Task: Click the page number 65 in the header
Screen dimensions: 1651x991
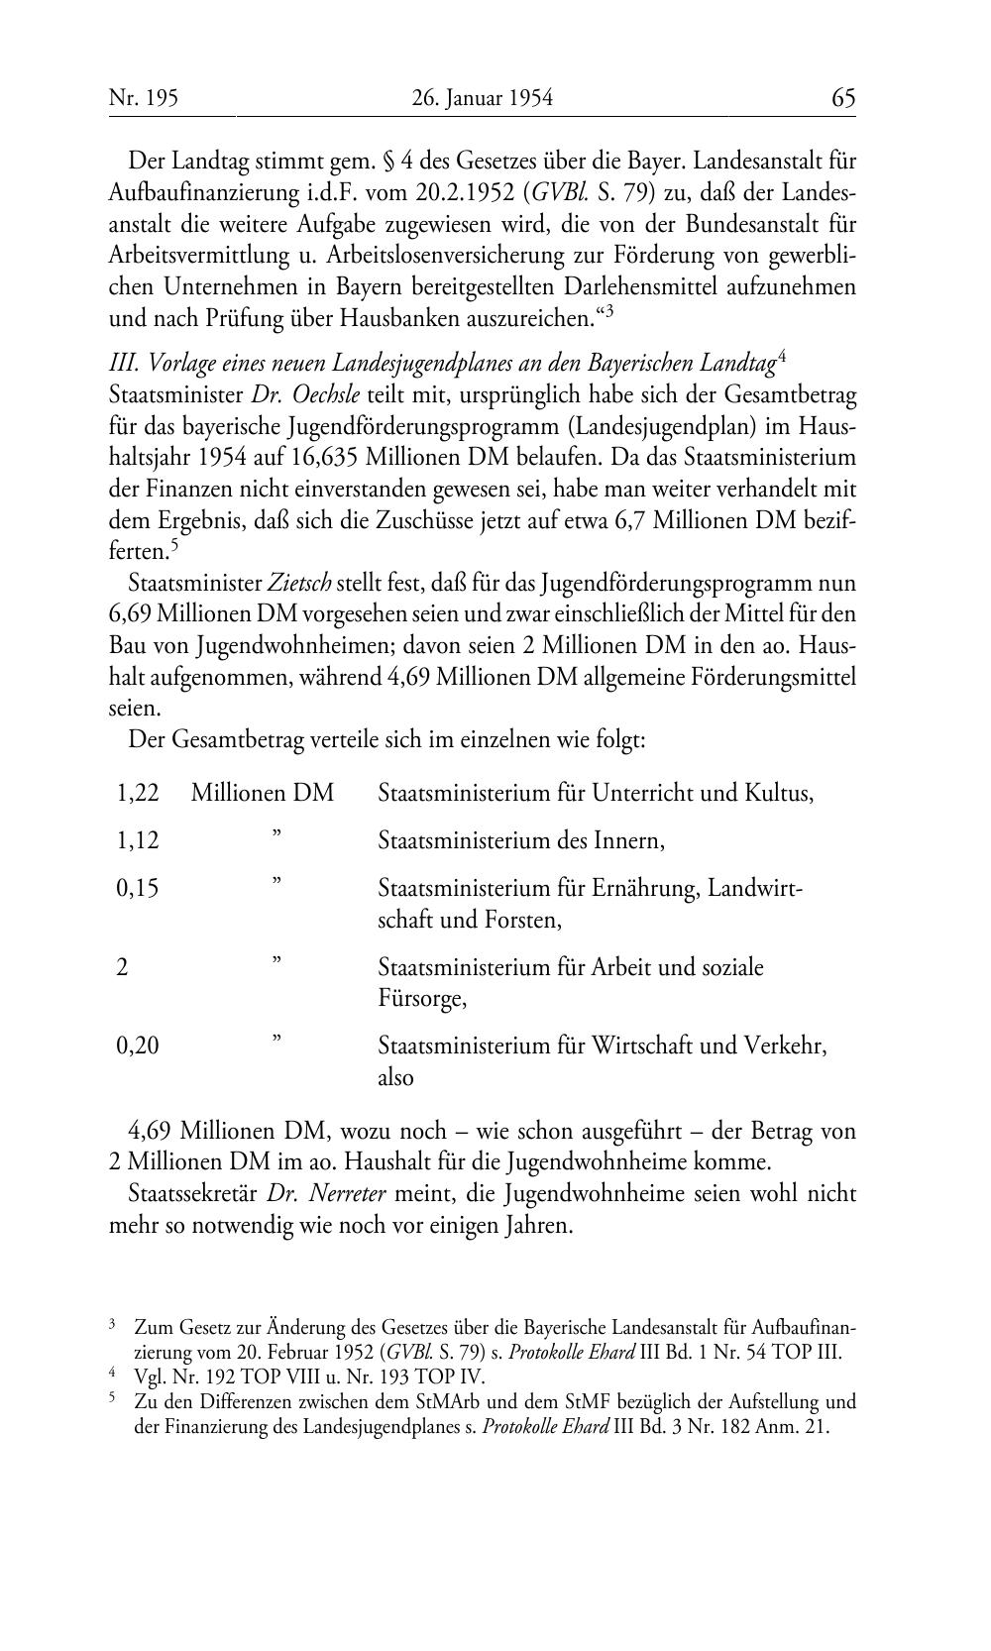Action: [x=843, y=98]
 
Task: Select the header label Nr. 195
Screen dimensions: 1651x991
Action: [x=144, y=98]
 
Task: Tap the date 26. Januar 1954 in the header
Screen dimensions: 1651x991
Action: [x=482, y=98]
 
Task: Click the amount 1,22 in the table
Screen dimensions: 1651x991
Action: [x=138, y=793]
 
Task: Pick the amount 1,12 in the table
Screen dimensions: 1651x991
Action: [x=138, y=840]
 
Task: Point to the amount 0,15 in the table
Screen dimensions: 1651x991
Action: [x=138, y=888]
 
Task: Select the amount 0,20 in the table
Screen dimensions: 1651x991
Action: [x=138, y=1045]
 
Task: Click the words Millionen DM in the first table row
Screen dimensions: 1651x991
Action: [x=263, y=793]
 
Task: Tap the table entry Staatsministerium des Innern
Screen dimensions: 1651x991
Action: [x=521, y=840]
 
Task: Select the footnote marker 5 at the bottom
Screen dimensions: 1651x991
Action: [x=113, y=1399]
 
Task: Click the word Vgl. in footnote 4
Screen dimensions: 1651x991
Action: [x=150, y=1377]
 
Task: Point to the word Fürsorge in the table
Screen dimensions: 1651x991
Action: [x=420, y=998]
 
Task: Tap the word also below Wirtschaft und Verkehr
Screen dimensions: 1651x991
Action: [x=396, y=1076]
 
